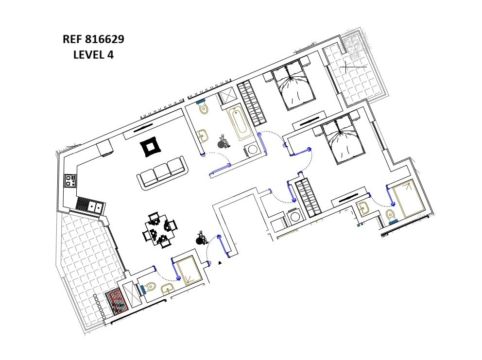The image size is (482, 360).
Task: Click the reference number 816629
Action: tap(104, 39)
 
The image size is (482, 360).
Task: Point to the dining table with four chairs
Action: tap(159, 229)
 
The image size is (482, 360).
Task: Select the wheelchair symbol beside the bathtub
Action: tap(224, 142)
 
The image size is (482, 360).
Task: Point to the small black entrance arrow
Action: tap(220, 263)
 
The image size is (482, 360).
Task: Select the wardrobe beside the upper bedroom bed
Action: tap(252, 103)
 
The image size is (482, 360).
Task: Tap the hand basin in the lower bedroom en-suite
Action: tap(365, 208)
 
